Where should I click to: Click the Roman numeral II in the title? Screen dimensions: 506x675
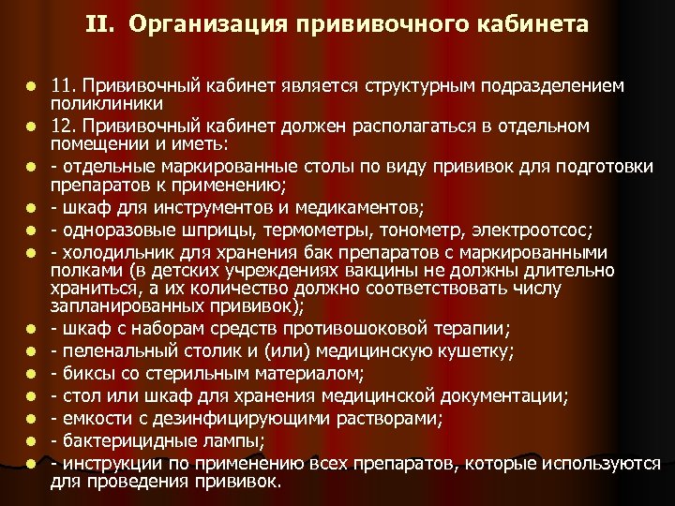pyautogui.click(x=99, y=23)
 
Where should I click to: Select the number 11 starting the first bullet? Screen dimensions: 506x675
pyautogui.click(x=62, y=86)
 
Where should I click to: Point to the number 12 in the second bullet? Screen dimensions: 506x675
pyautogui.click(x=62, y=126)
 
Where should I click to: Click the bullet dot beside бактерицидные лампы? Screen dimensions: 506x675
pyautogui.click(x=31, y=440)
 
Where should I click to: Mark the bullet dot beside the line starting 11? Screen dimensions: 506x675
pyautogui.click(x=31, y=87)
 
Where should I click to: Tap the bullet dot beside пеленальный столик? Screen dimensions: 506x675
pyautogui.click(x=31, y=352)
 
